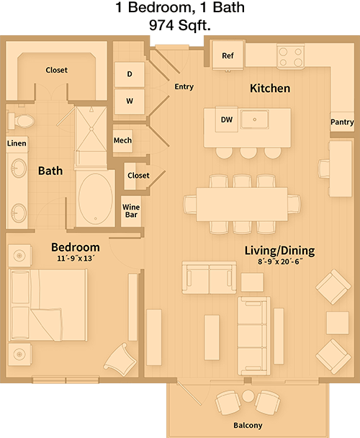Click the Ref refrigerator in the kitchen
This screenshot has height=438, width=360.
[228, 55]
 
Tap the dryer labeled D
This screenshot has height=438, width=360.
[130, 74]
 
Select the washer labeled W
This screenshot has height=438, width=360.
[130, 102]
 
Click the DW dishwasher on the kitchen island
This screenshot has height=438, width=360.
[227, 120]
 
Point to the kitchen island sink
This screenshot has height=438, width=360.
[254, 120]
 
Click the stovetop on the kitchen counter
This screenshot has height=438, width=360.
[290, 56]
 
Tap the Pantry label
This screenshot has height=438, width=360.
[342, 122]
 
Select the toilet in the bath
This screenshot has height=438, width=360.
[21, 121]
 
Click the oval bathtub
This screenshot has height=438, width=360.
[96, 198]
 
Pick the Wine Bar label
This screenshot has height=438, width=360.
[131, 211]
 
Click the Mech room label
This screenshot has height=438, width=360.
[122, 140]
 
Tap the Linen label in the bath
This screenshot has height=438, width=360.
[17, 143]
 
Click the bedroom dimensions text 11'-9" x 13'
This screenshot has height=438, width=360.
[76, 259]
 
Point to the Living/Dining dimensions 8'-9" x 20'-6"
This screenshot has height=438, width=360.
[280, 262]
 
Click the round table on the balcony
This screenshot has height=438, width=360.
[248, 396]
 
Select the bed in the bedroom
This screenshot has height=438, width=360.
[48, 305]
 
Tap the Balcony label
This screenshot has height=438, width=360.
[248, 425]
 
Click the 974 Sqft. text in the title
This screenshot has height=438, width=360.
[180, 25]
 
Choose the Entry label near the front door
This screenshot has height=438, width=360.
[184, 86]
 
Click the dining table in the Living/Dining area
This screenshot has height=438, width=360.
[242, 204]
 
